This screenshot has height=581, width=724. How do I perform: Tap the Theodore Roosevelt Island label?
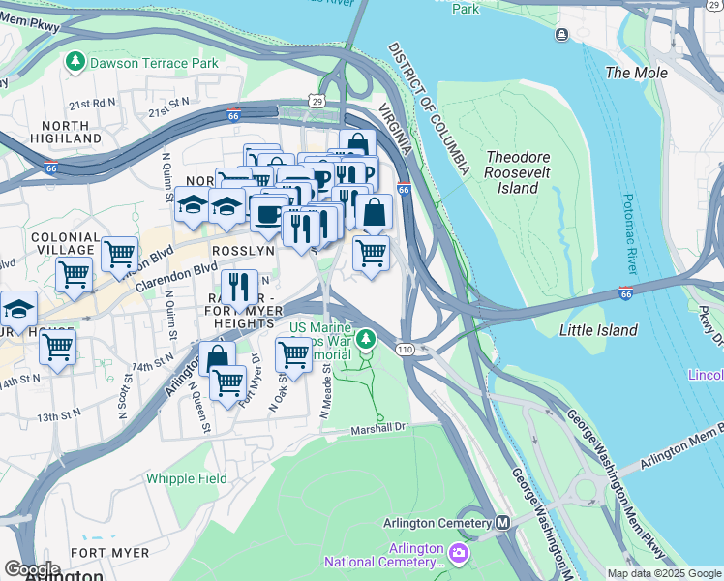(x=518, y=172)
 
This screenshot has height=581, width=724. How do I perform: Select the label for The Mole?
(x=629, y=73)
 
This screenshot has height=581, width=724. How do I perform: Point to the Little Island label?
(x=598, y=330)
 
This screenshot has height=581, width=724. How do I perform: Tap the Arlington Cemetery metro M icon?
(x=502, y=523)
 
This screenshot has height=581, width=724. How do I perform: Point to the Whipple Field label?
(x=187, y=478)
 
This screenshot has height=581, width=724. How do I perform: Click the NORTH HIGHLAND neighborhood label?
(x=73, y=132)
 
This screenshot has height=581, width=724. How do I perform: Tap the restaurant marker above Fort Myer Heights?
(x=238, y=287)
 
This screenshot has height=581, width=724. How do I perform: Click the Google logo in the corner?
(x=32, y=569)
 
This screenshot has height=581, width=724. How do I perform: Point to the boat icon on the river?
(x=562, y=35)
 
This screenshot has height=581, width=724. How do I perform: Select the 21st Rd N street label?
(x=92, y=104)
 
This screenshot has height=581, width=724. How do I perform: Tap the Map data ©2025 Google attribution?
(x=663, y=573)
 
